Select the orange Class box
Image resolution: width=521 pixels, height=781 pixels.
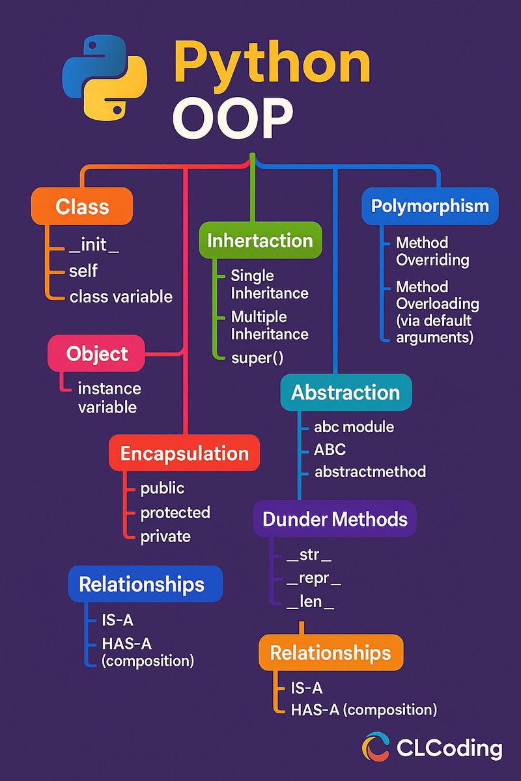[x=82, y=207]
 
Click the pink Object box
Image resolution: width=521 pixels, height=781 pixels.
[x=97, y=354]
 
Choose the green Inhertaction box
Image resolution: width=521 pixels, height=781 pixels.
[x=260, y=240]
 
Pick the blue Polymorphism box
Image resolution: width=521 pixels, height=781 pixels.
[x=430, y=206]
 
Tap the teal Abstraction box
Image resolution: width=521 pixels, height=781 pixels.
[x=346, y=392]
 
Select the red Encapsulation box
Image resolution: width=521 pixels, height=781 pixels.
[x=185, y=454]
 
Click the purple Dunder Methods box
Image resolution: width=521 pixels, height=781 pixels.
[x=335, y=519]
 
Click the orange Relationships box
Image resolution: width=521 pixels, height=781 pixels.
[x=330, y=653]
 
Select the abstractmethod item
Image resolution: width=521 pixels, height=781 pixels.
[x=370, y=471]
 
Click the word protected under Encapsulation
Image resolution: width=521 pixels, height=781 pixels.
[x=176, y=512]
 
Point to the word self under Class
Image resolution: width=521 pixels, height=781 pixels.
[x=83, y=271]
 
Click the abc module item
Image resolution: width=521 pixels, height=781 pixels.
[x=354, y=427]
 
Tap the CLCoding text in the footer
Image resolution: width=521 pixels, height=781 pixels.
[x=449, y=748]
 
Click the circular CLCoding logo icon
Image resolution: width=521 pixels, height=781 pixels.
[x=376, y=747]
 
